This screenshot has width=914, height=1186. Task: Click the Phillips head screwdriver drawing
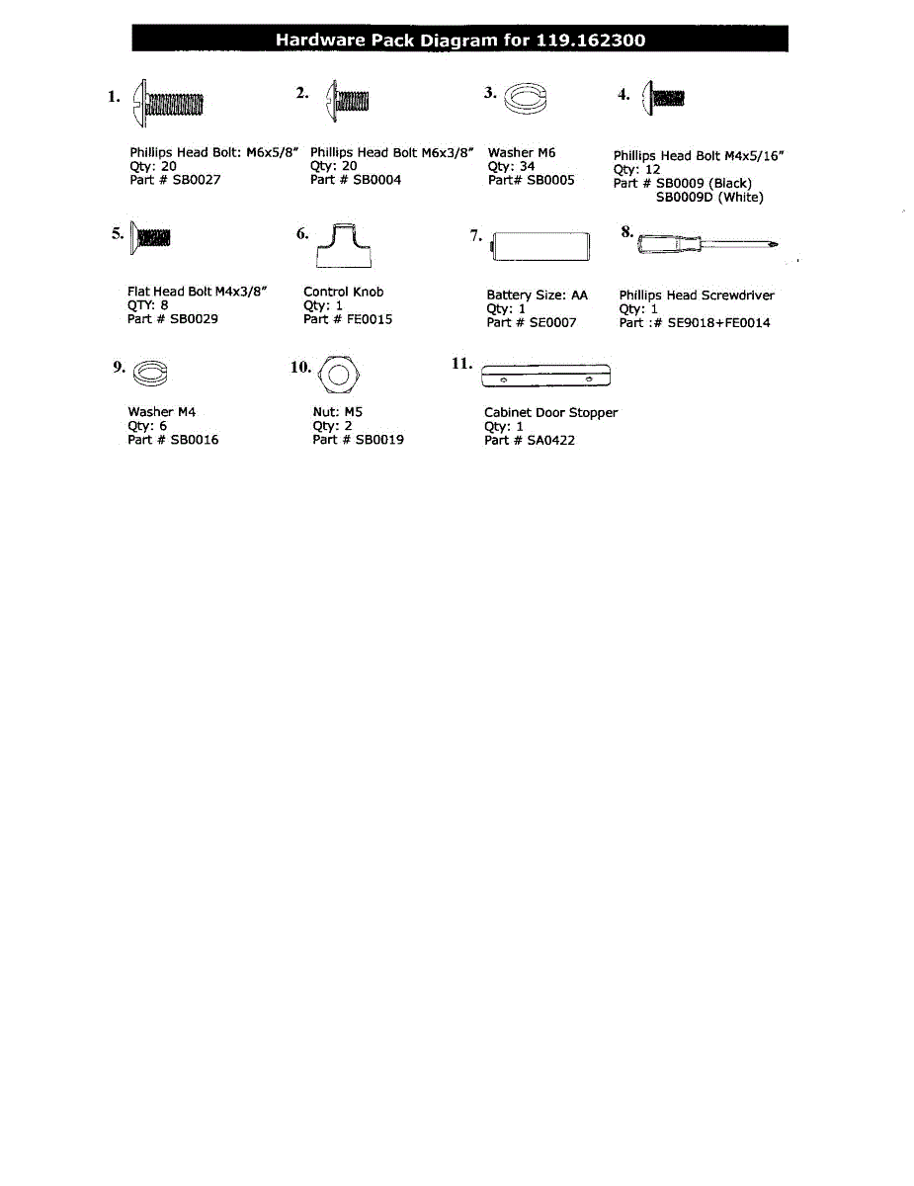click(707, 243)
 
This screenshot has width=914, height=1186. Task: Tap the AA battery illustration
click(540, 246)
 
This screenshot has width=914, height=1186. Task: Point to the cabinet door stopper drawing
click(544, 377)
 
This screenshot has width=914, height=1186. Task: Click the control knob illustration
click(343, 246)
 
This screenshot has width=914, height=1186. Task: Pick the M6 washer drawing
click(524, 99)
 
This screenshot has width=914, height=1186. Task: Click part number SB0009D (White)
click(709, 197)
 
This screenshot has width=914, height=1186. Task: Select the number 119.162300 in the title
click(591, 41)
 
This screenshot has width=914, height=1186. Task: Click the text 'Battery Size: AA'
click(537, 295)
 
